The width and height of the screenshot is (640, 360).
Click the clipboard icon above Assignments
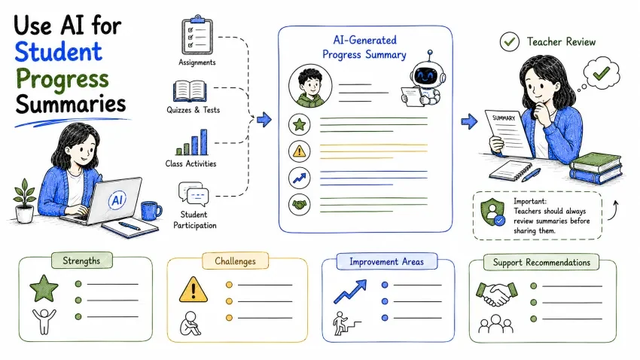click(x=197, y=35)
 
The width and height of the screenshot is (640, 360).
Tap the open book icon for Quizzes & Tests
click(x=190, y=91)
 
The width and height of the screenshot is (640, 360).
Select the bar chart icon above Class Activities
click(x=192, y=142)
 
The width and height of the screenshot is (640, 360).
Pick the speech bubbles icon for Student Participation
click(x=194, y=193)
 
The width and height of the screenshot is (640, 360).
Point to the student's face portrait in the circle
click(x=310, y=86)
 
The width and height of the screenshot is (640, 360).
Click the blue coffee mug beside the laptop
click(x=151, y=210)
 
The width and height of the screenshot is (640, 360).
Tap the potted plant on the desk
click(x=25, y=201)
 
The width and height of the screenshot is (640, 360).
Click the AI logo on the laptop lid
click(x=117, y=200)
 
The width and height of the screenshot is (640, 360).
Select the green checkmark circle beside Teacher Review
click(x=510, y=41)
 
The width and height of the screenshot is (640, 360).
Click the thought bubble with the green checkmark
click(x=602, y=74)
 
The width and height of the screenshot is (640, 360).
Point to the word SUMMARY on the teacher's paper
click(x=504, y=118)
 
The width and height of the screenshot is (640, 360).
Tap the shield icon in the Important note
click(x=492, y=212)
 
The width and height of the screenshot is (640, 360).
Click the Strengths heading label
click(x=81, y=261)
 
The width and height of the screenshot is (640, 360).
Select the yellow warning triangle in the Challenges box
click(x=194, y=289)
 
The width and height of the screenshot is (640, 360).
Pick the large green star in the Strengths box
click(x=44, y=288)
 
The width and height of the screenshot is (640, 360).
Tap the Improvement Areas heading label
click(x=386, y=261)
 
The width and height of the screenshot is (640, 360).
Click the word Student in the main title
click(x=59, y=52)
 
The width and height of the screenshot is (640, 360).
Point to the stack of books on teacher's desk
click(x=596, y=168)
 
